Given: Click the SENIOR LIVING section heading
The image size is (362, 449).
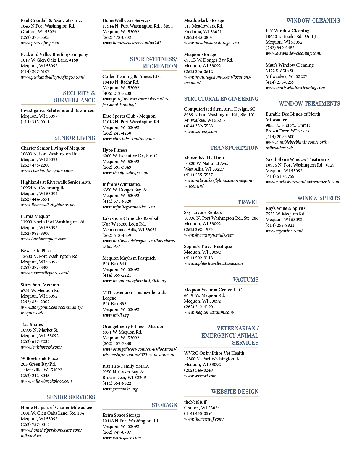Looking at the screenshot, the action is click(x=75, y=138).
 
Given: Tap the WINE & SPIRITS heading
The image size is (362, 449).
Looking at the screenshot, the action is click(x=319, y=198).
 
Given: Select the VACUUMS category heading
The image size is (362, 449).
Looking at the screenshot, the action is click(x=245, y=279).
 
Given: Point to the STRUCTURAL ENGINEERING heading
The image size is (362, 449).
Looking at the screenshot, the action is click(x=221, y=99).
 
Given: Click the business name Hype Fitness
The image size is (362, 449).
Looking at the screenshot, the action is click(x=115, y=150).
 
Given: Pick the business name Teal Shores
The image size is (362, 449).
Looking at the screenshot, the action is click(x=32, y=325).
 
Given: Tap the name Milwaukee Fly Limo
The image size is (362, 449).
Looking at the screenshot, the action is click(x=204, y=158).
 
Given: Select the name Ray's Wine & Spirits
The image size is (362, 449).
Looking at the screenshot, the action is click(x=285, y=208).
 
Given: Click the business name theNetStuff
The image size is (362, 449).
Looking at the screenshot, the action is click(x=195, y=402).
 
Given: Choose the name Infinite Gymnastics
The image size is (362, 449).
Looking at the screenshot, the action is click(x=121, y=184).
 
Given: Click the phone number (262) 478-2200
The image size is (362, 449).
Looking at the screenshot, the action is click(x=35, y=165).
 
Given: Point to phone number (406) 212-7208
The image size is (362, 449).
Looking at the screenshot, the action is click(x=117, y=93).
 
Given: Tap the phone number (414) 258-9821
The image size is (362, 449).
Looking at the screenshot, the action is click(x=280, y=225).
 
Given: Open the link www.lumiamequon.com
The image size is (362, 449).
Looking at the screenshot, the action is click(x=43, y=239).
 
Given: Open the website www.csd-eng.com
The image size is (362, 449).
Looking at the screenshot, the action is click(x=200, y=132).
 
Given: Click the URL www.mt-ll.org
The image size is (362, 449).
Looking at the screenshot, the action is click(x=115, y=315).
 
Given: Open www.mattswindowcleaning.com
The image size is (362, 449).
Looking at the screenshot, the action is click(x=295, y=88).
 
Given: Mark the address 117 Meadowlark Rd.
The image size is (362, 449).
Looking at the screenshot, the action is click(x=203, y=26).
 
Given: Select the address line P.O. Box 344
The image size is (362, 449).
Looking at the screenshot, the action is click(x=114, y=264).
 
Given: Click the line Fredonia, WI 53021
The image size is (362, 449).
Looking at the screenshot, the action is click(x=203, y=32).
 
